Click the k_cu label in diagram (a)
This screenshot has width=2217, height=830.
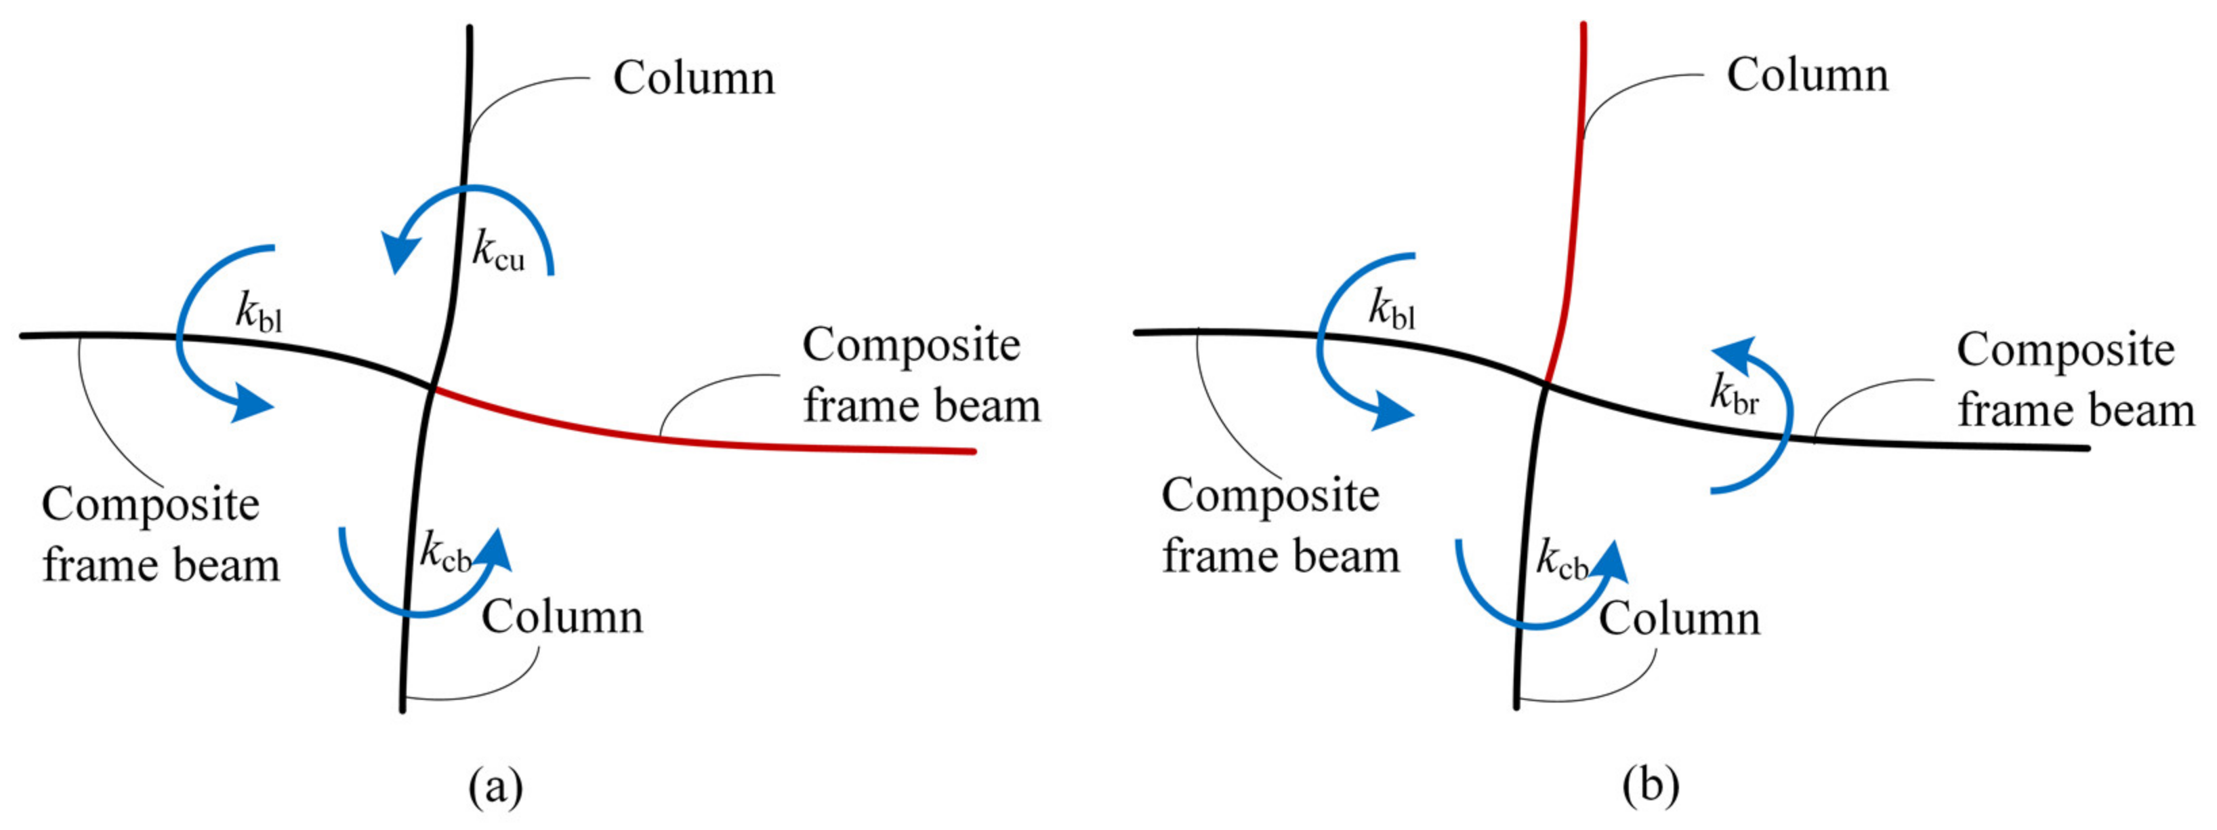[497, 253]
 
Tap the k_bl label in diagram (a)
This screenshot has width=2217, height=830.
[258, 315]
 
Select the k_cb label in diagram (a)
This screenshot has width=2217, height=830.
[446, 553]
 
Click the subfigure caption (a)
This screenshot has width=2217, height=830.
[496, 785]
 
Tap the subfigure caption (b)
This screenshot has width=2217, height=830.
[1651, 785]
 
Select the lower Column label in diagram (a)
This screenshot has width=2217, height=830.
[562, 616]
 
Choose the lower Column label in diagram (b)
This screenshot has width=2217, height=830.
[1679, 619]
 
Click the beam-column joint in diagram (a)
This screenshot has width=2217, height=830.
[433, 389]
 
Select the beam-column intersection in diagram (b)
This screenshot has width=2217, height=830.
[1546, 385]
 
